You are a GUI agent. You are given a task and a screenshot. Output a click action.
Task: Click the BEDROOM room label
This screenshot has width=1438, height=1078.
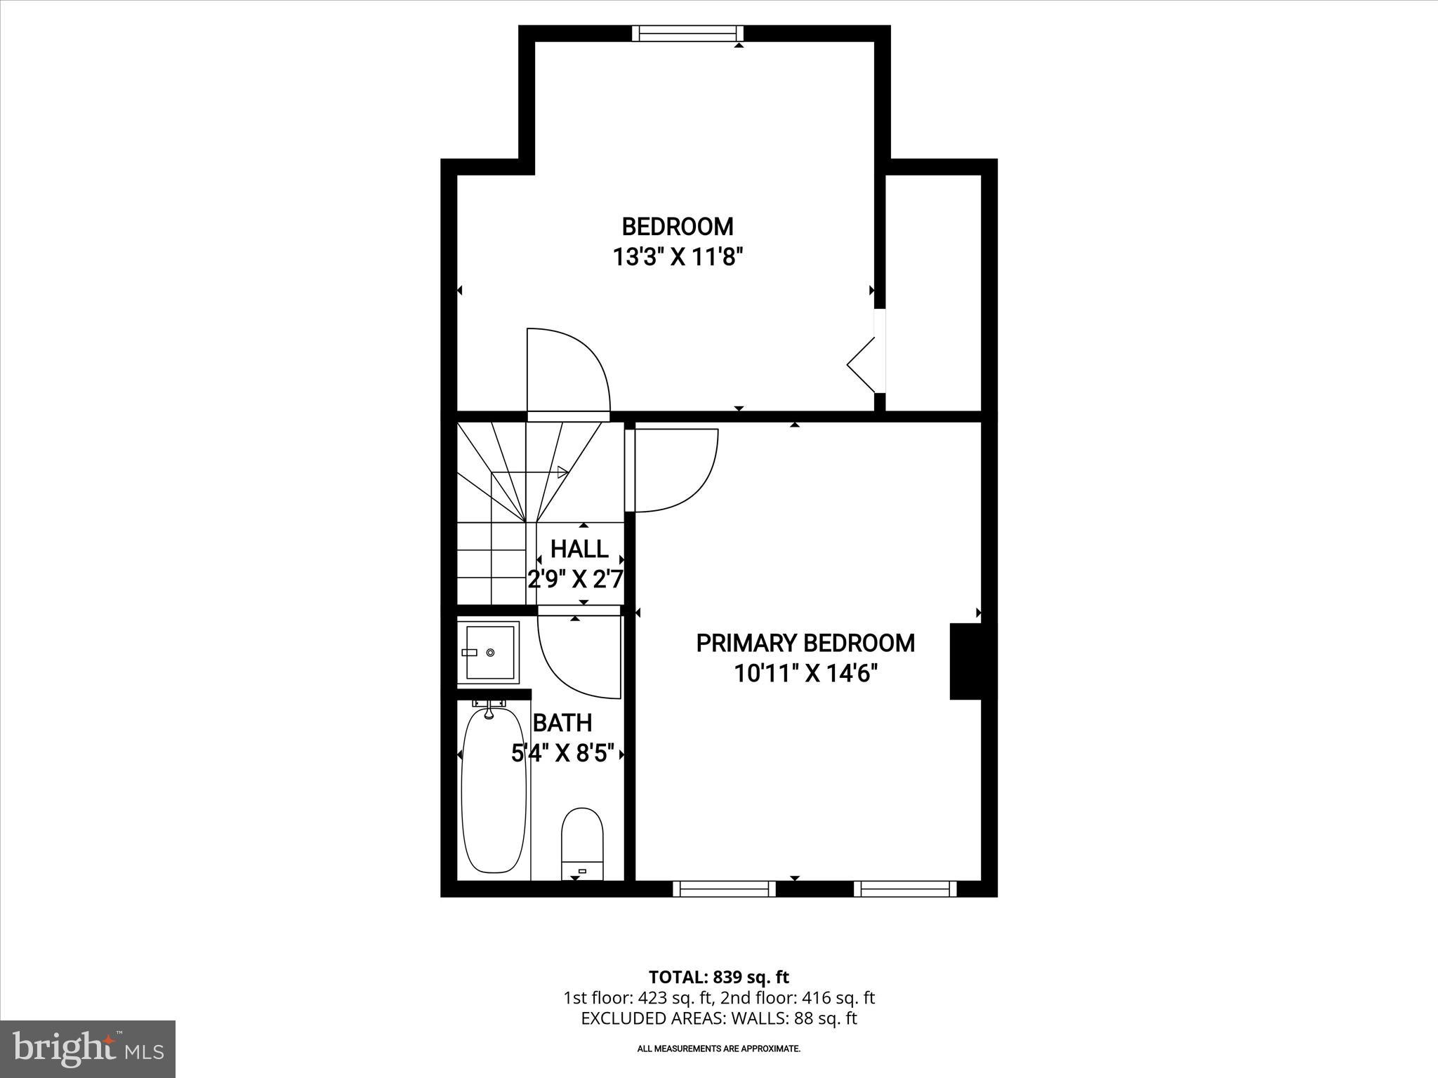pos(678,227)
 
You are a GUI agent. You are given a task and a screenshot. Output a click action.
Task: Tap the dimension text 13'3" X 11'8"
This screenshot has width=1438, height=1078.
pos(678,258)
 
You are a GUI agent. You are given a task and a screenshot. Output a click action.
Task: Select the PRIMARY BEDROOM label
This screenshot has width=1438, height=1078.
pos(805,643)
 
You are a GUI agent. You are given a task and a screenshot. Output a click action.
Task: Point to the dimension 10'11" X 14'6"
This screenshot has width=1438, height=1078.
pos(806,674)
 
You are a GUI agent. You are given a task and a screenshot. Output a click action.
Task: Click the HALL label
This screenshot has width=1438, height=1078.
pos(579,548)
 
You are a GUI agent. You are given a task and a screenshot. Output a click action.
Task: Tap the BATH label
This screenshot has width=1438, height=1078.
pos(562,722)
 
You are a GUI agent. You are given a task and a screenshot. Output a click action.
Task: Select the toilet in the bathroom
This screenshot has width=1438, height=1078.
pos(582,843)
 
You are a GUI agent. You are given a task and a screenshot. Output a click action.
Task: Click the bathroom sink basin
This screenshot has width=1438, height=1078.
pos(489,653)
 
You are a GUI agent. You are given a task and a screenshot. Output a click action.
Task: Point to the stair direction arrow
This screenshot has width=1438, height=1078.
pos(562,472)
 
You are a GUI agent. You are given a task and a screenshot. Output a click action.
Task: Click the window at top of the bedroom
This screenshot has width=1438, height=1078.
pos(687,34)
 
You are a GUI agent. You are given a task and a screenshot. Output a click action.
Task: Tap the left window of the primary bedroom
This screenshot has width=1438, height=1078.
pos(724,889)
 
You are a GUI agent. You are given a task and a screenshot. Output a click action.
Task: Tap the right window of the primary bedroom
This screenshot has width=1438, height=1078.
pos(905,889)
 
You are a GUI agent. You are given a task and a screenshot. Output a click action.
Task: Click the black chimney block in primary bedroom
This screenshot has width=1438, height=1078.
pos(968,661)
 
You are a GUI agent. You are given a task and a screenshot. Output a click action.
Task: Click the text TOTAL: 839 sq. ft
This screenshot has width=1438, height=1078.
pos(718,977)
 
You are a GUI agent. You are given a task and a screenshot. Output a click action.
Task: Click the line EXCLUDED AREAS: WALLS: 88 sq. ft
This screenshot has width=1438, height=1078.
pos(718,1018)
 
